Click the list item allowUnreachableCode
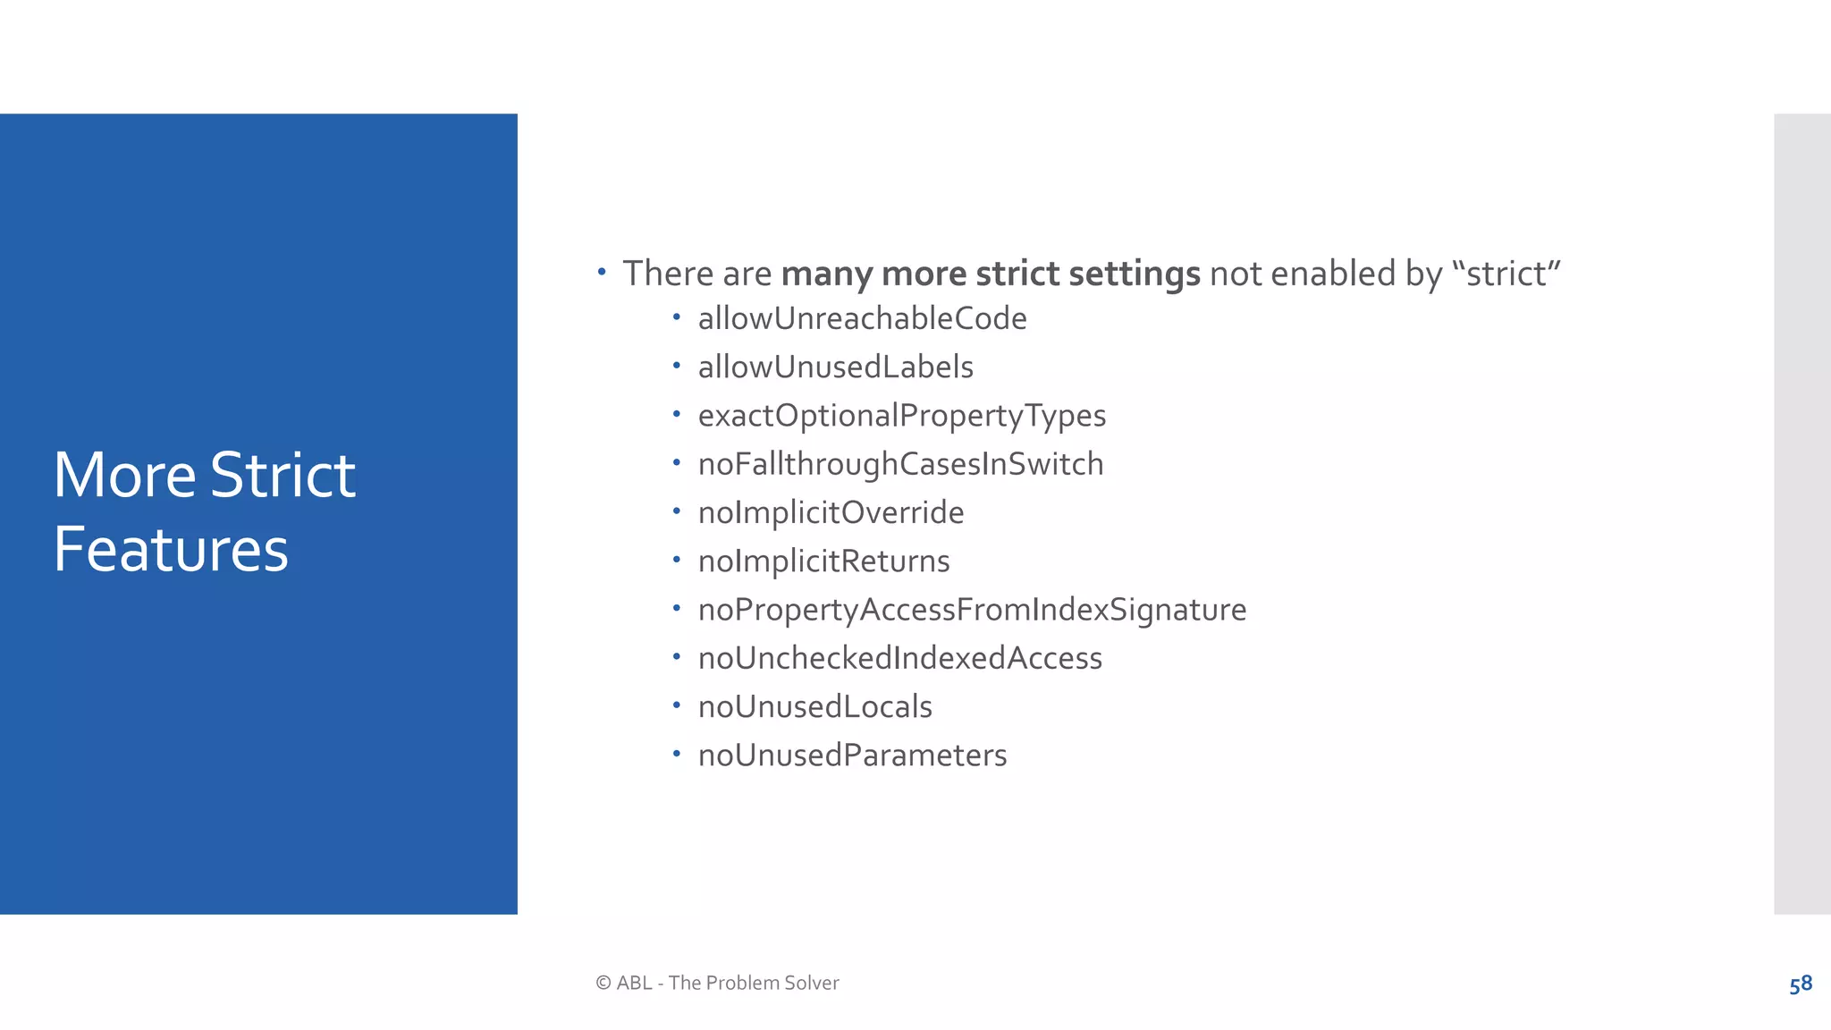(862, 319)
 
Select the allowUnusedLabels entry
(835, 367)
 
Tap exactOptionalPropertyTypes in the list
(901, 416)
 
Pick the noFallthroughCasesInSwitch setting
(900, 465)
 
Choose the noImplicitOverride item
(831, 513)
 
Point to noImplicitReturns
(823, 561)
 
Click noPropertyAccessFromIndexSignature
(972, 610)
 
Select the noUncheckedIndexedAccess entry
(899, 659)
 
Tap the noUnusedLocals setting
(814, 707)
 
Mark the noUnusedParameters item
(852, 756)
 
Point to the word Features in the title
(171, 549)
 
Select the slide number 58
(1800, 984)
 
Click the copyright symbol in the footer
(603, 984)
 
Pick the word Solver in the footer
(811, 984)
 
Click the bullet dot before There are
(602, 271)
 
